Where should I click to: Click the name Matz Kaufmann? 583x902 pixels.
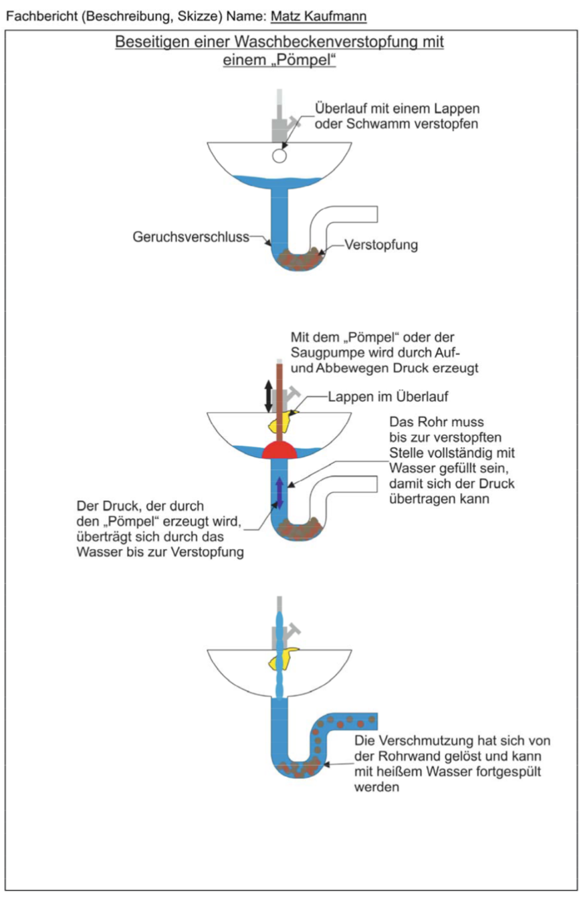pos(318,15)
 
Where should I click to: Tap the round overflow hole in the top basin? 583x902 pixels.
pos(279,156)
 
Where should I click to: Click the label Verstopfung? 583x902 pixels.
pos(382,245)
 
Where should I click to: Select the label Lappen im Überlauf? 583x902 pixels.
pos(388,397)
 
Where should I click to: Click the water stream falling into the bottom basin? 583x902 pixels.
pos(280,655)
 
